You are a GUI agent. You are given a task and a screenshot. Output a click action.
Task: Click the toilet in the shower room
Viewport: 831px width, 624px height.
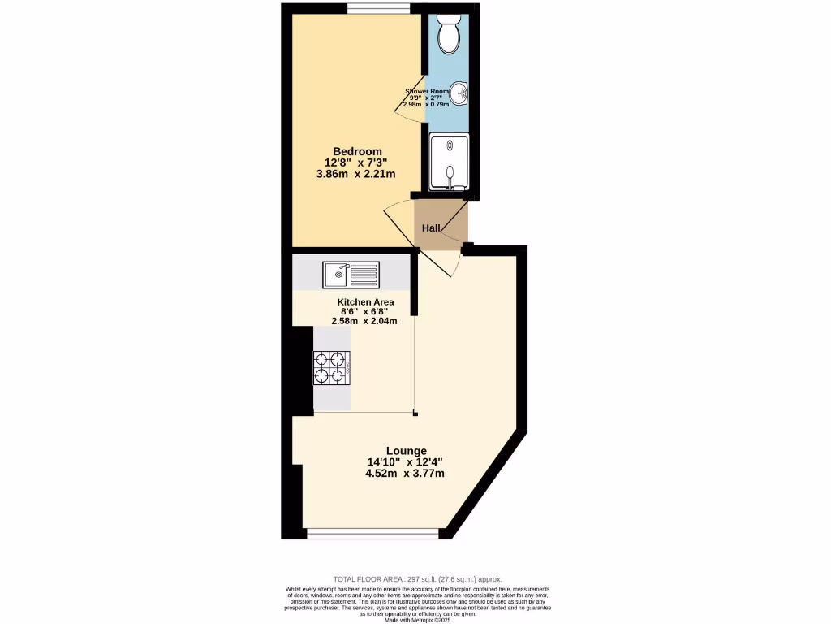coord(447,33)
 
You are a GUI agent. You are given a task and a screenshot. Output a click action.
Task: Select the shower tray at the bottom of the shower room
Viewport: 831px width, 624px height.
coord(449,163)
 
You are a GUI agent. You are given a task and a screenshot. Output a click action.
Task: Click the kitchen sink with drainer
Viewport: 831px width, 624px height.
coord(349,274)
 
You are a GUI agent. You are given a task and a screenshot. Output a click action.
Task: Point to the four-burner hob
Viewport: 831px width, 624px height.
coord(332,366)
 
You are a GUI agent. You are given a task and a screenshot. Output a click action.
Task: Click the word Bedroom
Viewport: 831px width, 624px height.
coord(357,151)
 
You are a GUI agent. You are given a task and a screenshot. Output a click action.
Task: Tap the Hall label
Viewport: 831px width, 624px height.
coord(430,228)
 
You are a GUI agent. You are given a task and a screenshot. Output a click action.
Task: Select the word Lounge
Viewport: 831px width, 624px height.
coord(406,451)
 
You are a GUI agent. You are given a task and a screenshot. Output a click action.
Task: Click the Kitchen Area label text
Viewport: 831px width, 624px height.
coord(365,301)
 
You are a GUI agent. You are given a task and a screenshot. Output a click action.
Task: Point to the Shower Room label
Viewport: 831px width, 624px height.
coord(427,92)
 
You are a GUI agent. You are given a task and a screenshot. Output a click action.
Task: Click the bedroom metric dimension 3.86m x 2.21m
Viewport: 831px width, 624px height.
coord(357,174)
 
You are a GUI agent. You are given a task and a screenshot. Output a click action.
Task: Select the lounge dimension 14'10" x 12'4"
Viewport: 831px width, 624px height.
coord(404,462)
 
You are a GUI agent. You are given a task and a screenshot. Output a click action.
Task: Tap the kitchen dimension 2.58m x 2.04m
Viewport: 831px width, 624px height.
coord(365,321)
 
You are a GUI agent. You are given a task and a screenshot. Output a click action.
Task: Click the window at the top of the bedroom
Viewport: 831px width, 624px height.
coord(379,9)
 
